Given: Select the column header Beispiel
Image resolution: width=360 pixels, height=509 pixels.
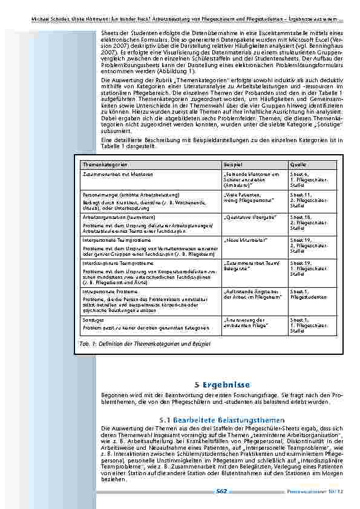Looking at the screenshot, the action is click(x=232, y=164).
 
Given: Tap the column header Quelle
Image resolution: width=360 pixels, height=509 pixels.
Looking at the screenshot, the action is click(x=297, y=164).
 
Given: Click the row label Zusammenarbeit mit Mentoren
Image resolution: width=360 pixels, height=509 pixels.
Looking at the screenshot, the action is click(x=117, y=174).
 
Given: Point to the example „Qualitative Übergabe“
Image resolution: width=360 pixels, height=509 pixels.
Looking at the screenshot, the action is click(x=250, y=216).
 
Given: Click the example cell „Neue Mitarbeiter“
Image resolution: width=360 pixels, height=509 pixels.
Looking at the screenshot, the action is click(x=245, y=240).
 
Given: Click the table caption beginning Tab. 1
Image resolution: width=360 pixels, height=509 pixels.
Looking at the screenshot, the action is click(x=145, y=343).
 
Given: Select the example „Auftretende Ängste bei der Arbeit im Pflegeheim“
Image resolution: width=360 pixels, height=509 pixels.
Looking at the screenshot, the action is click(x=252, y=294).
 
